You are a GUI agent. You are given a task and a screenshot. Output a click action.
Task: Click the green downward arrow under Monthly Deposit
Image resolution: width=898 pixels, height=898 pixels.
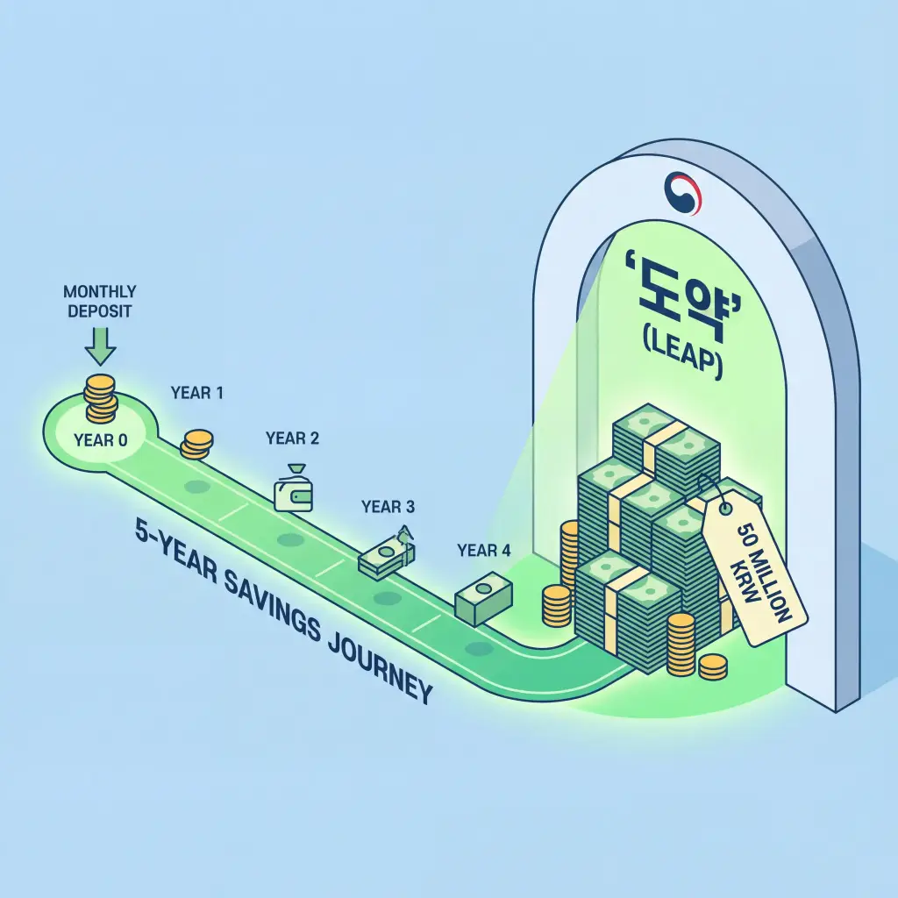(100, 346)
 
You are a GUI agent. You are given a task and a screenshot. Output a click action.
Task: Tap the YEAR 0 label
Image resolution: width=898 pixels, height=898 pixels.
(101, 440)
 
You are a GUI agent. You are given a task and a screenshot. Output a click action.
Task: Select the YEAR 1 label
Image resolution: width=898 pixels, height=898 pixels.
(197, 393)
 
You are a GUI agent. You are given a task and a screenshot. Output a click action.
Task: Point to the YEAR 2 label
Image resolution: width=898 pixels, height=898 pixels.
(292, 438)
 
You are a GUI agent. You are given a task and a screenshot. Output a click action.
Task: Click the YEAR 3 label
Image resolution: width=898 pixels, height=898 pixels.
(388, 507)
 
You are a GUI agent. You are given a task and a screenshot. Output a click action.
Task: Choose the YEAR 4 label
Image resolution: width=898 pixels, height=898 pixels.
(484, 551)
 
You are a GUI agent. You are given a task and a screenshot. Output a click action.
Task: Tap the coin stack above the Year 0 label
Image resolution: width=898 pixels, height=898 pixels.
(101, 399)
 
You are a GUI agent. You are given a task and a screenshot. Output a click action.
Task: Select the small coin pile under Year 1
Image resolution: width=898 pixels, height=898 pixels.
(196, 445)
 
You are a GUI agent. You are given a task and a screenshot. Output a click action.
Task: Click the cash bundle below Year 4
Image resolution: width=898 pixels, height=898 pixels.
(484, 597)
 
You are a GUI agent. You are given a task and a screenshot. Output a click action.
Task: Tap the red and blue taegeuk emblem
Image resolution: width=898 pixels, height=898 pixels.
(683, 194)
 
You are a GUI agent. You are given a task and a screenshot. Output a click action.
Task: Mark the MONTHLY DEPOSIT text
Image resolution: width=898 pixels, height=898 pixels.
(100, 302)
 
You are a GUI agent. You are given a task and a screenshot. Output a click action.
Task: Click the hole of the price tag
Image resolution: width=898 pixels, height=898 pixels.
(726, 508)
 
